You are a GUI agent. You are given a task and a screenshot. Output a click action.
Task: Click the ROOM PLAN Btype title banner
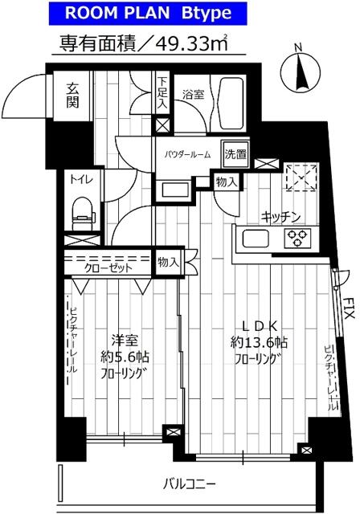pyautogui.click(x=148, y=13)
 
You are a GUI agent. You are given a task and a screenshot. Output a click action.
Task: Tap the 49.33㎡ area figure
pyautogui.click(x=191, y=43)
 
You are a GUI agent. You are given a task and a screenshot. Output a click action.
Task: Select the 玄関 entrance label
pyautogui.click(x=72, y=96)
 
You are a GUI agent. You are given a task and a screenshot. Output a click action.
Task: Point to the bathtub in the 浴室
pyautogui.click(x=231, y=104)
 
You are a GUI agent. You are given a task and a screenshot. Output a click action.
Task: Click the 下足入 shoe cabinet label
pyautogui.click(x=162, y=93)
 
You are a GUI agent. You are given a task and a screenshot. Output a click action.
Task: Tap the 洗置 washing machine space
pyautogui.click(x=235, y=153)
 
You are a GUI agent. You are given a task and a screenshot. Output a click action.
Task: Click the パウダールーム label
pyautogui.click(x=187, y=153)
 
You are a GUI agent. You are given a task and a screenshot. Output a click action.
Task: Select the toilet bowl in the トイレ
pyautogui.click(x=83, y=213)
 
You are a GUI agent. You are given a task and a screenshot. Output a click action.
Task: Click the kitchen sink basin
pyautogui.click(x=256, y=239)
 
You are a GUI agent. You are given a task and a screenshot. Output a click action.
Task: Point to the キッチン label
pyautogui.click(x=280, y=217)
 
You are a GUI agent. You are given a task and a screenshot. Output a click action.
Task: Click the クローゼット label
pyautogui.click(x=108, y=268)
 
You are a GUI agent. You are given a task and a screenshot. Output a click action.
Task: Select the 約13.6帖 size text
pyautogui.click(x=259, y=343)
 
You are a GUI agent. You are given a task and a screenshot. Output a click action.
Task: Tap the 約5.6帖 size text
pyautogui.click(x=125, y=357)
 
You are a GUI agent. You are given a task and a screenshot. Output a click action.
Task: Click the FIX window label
pyautogui.click(x=349, y=308)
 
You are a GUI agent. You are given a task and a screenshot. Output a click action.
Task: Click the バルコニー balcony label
pyautogui.click(x=189, y=483)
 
